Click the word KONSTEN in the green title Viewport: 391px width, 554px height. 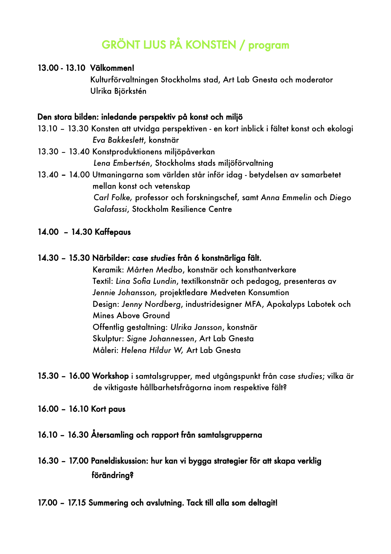click(211, 45)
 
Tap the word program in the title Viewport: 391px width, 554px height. click(269, 45)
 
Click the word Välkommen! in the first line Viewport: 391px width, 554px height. click(112, 68)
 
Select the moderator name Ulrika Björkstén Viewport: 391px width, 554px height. click(118, 91)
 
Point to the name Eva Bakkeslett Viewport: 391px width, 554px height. click(118, 140)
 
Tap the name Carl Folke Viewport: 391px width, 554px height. click(113, 198)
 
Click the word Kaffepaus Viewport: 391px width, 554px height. click(113, 232)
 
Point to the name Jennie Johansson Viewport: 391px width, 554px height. click(125, 293)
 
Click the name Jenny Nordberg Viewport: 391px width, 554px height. click(151, 304)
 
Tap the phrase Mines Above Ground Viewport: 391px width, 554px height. click(131, 316)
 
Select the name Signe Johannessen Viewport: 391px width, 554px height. click(160, 339)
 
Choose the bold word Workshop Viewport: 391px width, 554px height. click(110, 376)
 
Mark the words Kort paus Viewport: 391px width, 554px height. click(108, 409)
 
